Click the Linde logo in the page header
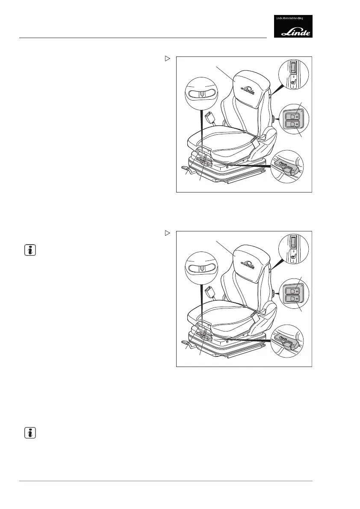coord(293,27)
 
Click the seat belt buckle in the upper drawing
coord(210,116)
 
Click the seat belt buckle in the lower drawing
coord(210,291)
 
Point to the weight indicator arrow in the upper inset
coord(202,94)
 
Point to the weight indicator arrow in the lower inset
coord(202,269)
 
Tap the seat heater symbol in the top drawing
coord(293,82)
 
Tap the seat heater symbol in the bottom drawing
coord(293,257)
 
